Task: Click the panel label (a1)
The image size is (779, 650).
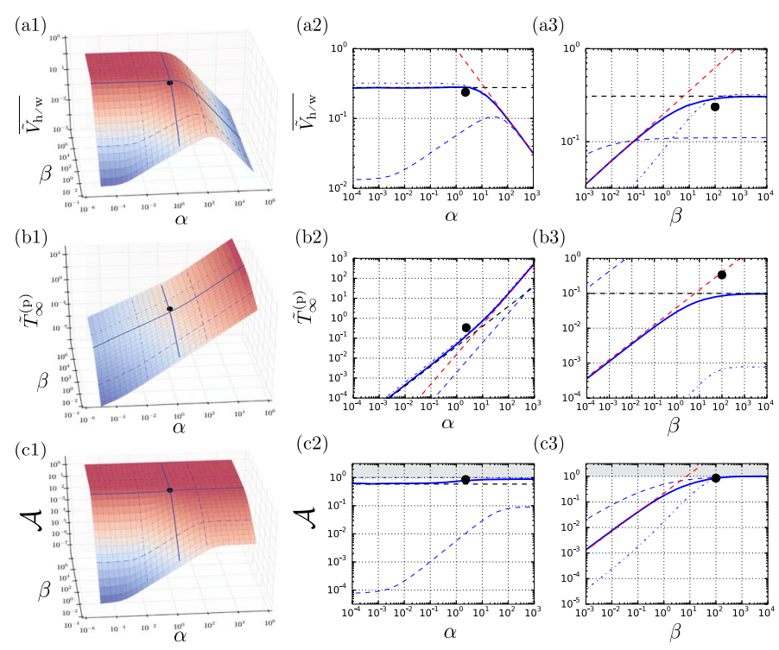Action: point(29,27)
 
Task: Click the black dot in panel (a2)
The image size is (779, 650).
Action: point(465,92)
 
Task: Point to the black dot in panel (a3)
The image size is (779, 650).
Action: point(714,107)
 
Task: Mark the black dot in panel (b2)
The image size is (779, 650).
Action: point(466,327)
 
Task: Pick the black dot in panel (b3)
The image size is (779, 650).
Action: point(722,275)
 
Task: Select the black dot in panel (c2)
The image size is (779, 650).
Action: point(466,480)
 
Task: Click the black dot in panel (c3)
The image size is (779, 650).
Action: point(715,478)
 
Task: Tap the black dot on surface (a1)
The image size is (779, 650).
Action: point(169,83)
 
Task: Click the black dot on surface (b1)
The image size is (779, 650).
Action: point(170,309)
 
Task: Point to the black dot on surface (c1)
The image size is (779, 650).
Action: point(169,490)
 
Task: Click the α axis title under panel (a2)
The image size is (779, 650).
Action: point(450,212)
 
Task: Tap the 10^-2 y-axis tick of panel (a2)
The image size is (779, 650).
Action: point(339,186)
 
